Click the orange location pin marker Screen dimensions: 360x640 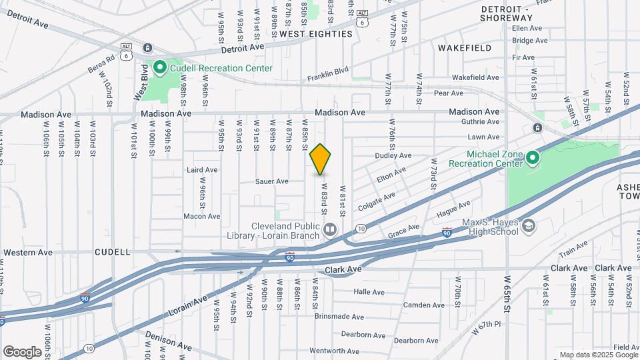[321, 159]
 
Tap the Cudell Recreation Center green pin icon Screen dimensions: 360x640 [160, 67]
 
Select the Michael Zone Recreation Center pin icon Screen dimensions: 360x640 [532, 158]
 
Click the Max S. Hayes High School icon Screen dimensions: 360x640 [529, 226]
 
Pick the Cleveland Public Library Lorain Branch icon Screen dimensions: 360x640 [329, 231]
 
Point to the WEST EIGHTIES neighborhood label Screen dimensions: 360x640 [315, 33]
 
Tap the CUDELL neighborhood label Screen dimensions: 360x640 [112, 253]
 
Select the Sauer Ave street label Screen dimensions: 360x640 [272, 181]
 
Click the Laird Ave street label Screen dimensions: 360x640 [203, 170]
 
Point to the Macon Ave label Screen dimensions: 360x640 [201, 216]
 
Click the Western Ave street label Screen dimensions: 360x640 [27, 253]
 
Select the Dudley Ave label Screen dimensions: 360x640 [393, 155]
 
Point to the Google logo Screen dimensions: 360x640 [22, 351]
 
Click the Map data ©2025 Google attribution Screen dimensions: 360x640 [599, 355]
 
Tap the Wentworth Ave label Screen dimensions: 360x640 [335, 351]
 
